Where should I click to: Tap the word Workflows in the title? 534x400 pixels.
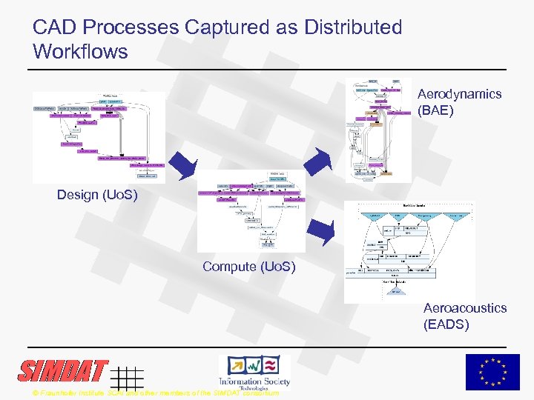click(x=80, y=53)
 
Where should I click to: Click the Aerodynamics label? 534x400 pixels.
click(x=459, y=94)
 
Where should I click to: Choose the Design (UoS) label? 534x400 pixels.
click(x=97, y=195)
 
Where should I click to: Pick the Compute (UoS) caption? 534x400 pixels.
click(x=248, y=267)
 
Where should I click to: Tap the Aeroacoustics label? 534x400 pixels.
click(x=465, y=308)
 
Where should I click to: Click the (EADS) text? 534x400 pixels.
click(x=446, y=324)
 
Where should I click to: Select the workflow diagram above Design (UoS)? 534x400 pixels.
click(x=99, y=137)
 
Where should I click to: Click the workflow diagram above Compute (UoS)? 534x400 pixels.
click(x=251, y=212)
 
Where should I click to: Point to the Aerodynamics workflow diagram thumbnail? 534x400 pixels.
click(x=378, y=130)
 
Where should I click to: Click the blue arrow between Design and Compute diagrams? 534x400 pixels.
click(x=181, y=164)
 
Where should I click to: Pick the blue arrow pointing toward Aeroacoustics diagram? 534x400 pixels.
click(x=320, y=233)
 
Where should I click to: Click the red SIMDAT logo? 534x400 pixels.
click(x=64, y=370)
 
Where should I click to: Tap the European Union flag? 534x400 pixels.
click(x=492, y=372)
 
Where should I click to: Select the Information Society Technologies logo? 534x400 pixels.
click(x=254, y=371)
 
